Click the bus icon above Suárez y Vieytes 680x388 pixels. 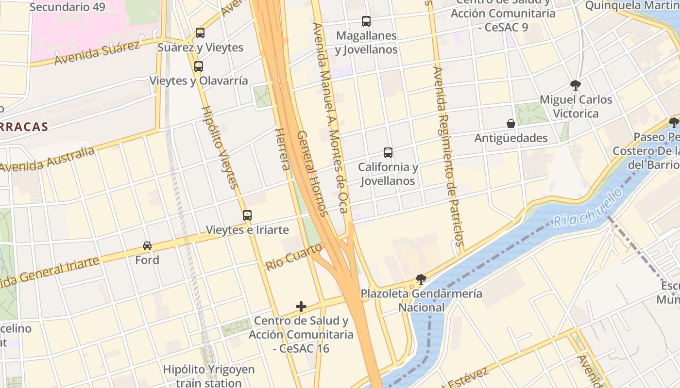[200, 33]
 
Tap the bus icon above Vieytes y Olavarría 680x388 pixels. [198, 66]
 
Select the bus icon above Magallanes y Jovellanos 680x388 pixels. [366, 21]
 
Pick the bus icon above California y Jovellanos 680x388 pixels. [388, 153]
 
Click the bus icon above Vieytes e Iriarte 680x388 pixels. [247, 215]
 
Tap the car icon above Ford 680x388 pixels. [147, 246]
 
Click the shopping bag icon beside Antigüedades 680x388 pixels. [510, 124]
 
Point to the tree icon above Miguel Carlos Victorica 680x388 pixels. [576, 85]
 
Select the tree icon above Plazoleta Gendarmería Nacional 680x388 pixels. [421, 279]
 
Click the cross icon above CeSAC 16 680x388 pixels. [301, 307]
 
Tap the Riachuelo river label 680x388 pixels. [588, 208]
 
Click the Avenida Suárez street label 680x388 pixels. [97, 53]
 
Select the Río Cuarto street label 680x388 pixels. [294, 257]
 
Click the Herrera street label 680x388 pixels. [282, 149]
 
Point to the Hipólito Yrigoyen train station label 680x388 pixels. [209, 376]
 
